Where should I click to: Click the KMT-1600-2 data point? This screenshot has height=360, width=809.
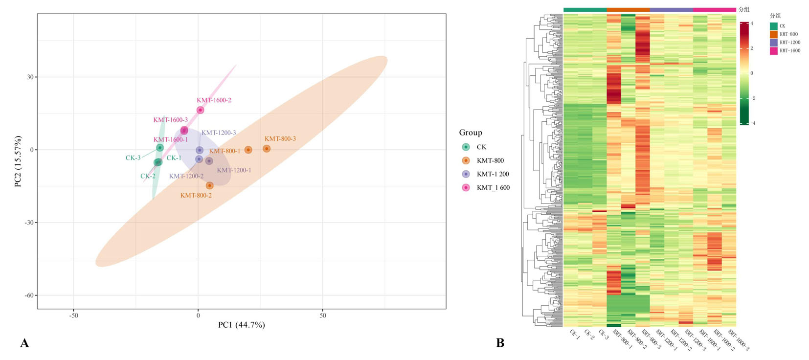[x=200, y=110]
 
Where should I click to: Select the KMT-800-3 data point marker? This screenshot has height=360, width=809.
[x=267, y=149]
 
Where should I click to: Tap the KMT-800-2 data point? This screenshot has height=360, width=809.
[x=210, y=185]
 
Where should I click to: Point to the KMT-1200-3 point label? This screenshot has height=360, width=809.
[x=219, y=133]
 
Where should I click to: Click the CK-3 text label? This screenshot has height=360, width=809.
[x=133, y=158]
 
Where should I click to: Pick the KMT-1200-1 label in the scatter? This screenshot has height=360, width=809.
[x=234, y=170]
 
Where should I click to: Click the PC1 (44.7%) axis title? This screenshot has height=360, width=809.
[x=242, y=325]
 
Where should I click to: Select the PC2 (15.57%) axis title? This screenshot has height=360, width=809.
[x=18, y=161]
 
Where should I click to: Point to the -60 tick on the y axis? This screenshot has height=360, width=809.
[x=29, y=295]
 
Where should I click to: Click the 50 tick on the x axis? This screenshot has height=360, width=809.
[x=323, y=315]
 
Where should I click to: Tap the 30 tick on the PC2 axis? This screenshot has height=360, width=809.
[x=30, y=77]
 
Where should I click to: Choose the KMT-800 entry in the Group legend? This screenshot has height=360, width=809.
[x=490, y=160]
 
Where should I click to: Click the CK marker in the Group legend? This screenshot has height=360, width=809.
[x=466, y=147]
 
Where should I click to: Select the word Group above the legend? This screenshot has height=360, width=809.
[x=471, y=133]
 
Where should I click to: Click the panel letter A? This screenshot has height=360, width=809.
[x=24, y=343]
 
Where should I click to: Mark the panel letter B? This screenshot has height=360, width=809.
[x=500, y=343]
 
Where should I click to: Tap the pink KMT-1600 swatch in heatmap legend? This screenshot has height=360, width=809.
[x=773, y=51]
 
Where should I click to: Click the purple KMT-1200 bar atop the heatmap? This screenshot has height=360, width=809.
[x=671, y=10]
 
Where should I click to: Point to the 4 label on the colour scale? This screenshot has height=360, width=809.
[x=752, y=23]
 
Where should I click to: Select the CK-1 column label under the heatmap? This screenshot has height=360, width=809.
[x=575, y=334]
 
